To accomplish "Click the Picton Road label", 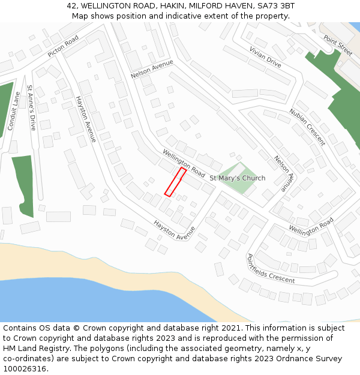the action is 63,46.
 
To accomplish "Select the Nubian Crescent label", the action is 307,127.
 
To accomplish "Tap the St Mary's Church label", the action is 237,178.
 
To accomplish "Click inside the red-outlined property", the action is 175,182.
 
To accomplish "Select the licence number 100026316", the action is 25,369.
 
